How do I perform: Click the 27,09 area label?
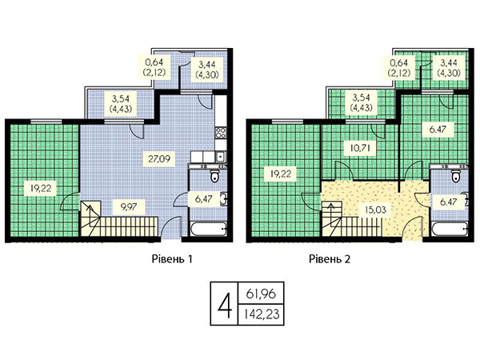click(x=159, y=159)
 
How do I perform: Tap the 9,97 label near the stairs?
click(x=129, y=207)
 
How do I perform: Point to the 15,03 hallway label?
click(x=375, y=210)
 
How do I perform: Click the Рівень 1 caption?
click(x=172, y=259)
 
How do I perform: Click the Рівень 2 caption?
click(x=330, y=259)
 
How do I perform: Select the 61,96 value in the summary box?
click(x=261, y=294)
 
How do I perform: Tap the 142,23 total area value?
click(x=262, y=314)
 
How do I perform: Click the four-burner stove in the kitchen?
click(x=221, y=132)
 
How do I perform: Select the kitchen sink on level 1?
click(x=220, y=158)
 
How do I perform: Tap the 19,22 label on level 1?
click(x=41, y=189)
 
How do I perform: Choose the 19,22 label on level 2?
click(x=281, y=174)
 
